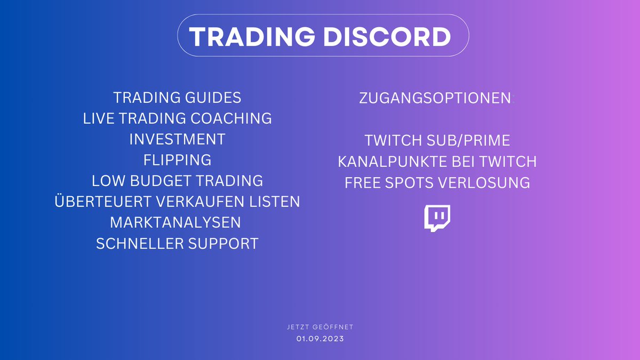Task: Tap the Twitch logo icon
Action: point(437,218)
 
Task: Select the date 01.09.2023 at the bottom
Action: point(319,339)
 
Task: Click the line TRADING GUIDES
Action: point(177,98)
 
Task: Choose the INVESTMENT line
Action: point(177,140)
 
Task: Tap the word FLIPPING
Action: point(177,160)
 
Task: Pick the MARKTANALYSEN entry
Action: point(175,222)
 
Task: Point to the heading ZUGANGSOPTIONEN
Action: point(435,99)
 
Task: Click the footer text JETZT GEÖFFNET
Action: point(319,326)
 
